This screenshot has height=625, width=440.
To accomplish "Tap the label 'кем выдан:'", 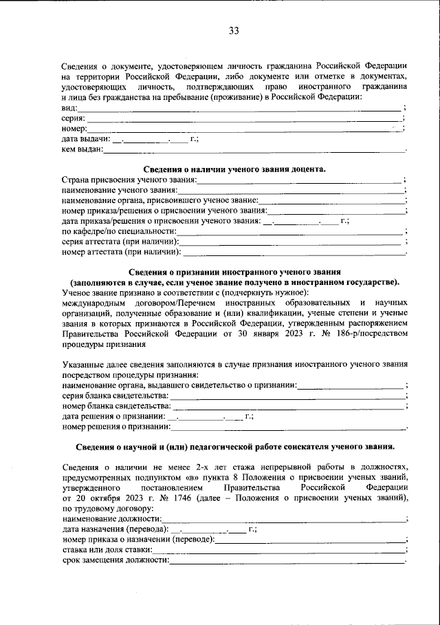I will click(x=82, y=149).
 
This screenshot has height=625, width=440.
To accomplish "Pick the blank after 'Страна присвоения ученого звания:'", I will click(x=300, y=180).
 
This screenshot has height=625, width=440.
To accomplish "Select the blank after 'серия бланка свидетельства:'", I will click(x=287, y=396).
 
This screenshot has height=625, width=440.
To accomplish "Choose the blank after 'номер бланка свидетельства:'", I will click(x=288, y=407).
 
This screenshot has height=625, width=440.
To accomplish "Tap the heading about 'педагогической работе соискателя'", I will click(x=234, y=447).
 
